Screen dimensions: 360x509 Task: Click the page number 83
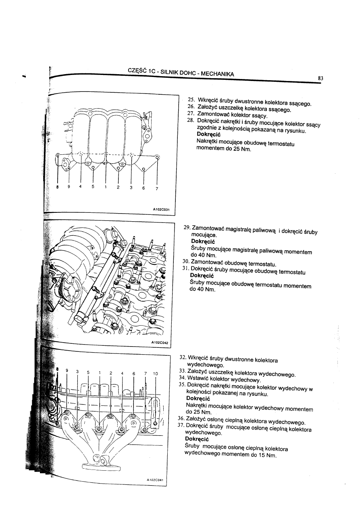tap(321, 79)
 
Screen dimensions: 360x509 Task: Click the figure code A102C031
tap(161, 209)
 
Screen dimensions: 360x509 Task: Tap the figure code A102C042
tap(160, 343)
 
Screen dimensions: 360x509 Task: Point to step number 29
tap(187, 228)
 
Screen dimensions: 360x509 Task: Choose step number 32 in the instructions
tap(182, 357)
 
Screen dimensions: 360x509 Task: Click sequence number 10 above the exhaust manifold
tap(156, 374)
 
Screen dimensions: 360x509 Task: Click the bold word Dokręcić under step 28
tap(208, 134)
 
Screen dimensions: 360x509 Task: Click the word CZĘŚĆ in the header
tap(136, 70)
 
